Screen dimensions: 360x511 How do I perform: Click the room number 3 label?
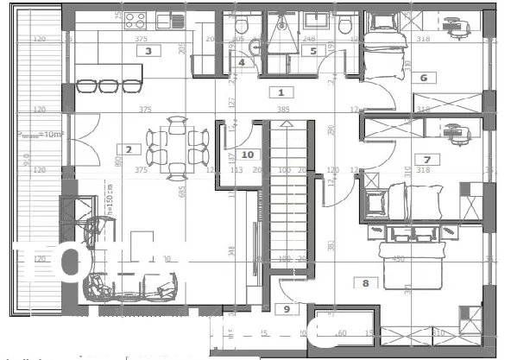(x=148, y=51)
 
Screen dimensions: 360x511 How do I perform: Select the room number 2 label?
(x=128, y=149)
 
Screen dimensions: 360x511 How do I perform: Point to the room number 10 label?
(x=248, y=154)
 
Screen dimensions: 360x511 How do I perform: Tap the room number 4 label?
(x=242, y=62)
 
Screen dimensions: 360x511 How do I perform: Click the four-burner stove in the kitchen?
(x=136, y=20)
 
